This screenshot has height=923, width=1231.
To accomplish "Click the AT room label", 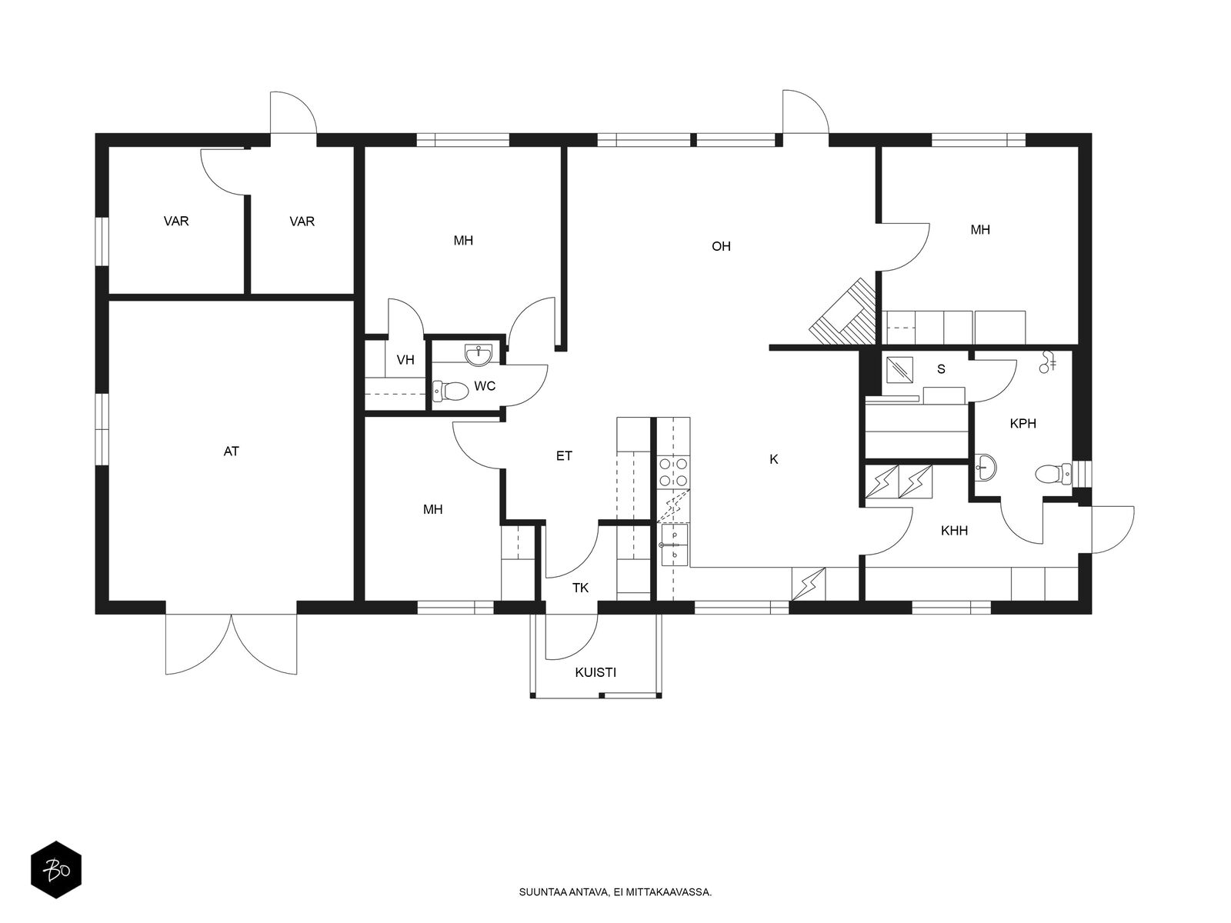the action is (231, 452).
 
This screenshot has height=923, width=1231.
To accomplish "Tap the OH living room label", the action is (721, 246).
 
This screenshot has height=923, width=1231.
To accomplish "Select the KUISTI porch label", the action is (595, 672).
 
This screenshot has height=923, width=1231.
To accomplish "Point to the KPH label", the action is (1022, 424).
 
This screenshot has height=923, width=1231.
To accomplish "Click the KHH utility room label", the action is (954, 530).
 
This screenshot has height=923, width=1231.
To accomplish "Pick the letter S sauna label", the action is (941, 368).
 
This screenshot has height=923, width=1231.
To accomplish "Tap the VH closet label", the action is (405, 360).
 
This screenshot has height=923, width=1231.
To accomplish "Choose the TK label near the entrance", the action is (580, 588).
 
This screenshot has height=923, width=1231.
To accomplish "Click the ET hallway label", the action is (564, 455).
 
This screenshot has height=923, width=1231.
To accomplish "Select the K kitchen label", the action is (773, 459).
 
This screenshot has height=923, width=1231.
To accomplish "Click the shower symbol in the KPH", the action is (1047, 362).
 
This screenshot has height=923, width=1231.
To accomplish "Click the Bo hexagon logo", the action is (56, 870).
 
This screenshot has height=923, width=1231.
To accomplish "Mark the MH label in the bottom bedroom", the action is (432, 509).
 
